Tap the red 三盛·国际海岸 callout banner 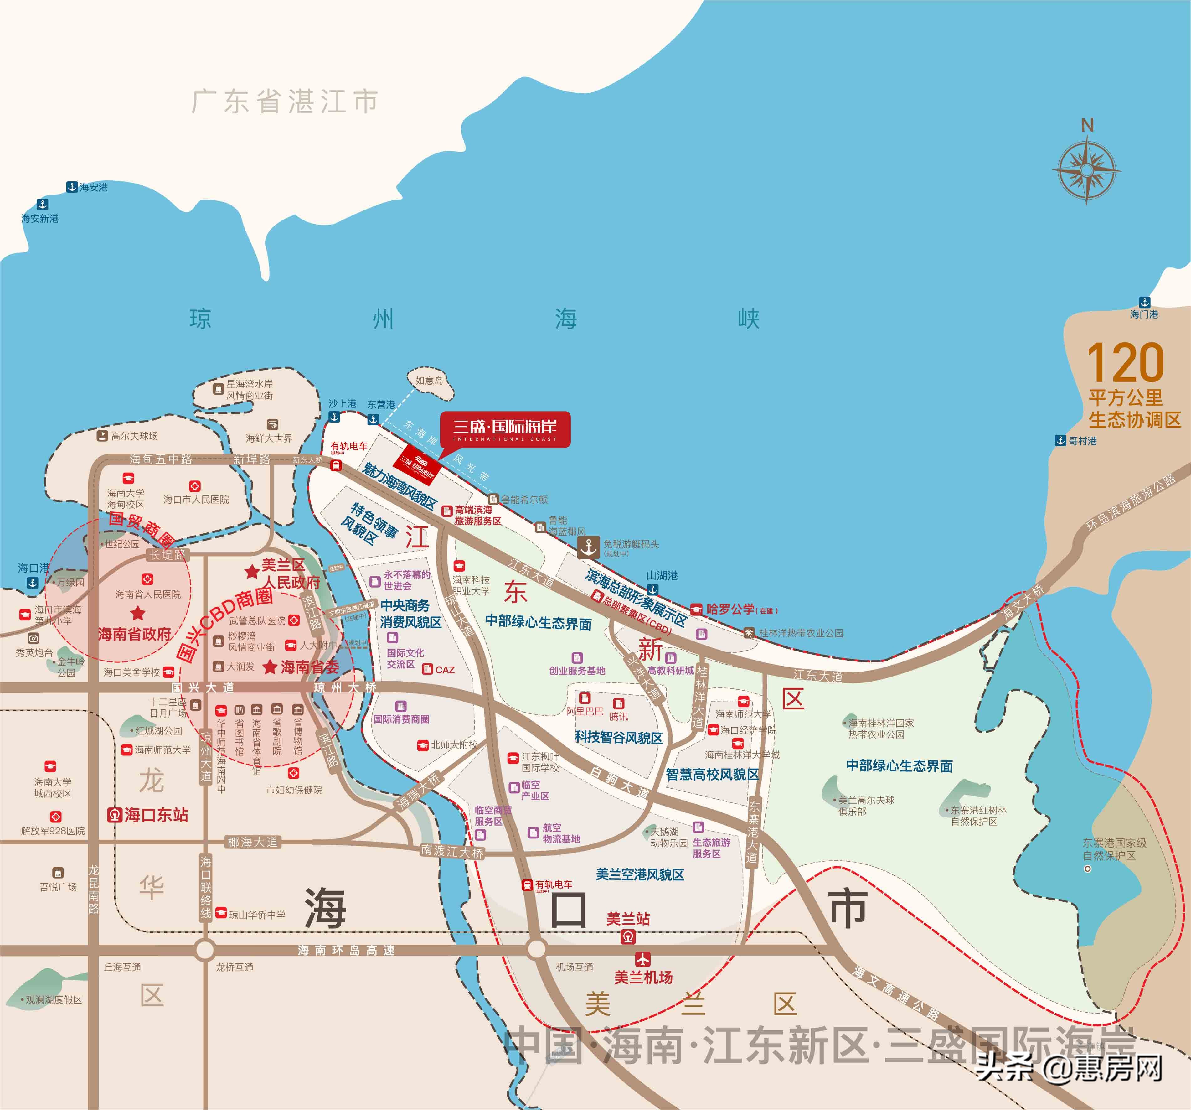[x=505, y=429]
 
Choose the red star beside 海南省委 [x=270, y=667]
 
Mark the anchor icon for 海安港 [x=72, y=187]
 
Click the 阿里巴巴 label [x=585, y=711]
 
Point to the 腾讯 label [x=618, y=716]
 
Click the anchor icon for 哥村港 [x=1060, y=441]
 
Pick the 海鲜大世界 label [x=269, y=438]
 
